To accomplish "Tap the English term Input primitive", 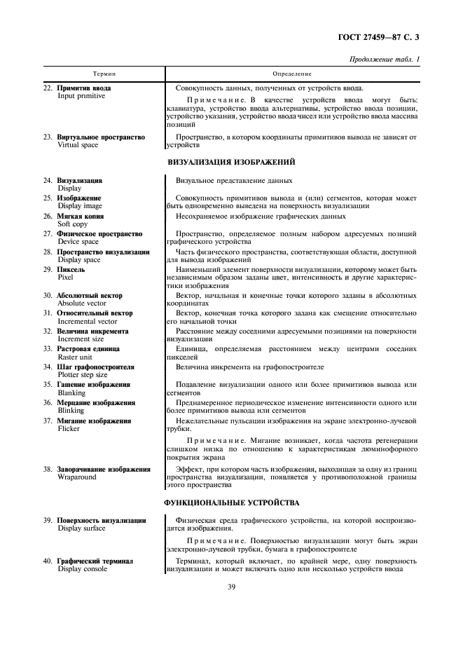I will coord(81,96).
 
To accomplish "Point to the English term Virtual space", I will coord(80,146).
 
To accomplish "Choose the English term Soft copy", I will coord(73,224).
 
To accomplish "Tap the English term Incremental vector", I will coord(88,320).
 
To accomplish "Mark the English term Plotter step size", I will coord(86,375).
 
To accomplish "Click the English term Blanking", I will coord(71,393).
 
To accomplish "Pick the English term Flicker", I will coord(69,428).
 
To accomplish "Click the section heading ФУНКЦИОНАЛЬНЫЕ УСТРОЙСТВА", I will coord(231,503).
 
